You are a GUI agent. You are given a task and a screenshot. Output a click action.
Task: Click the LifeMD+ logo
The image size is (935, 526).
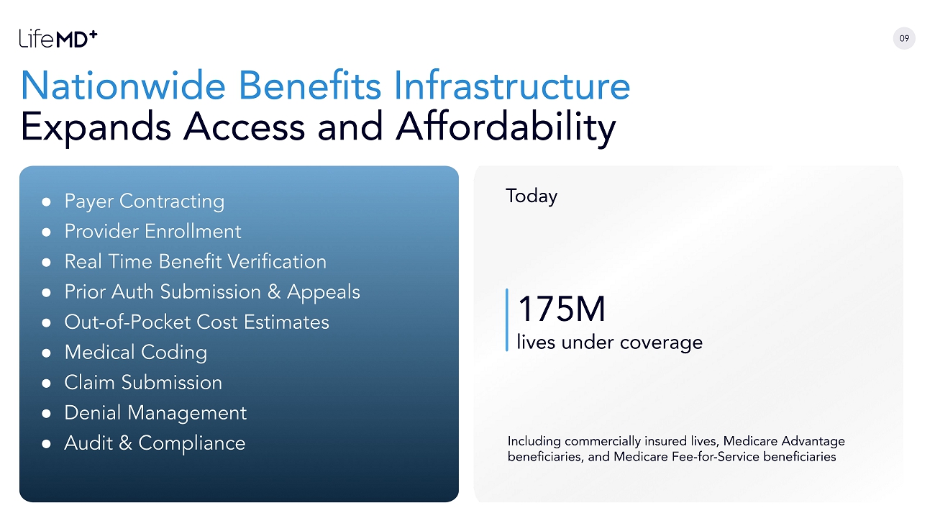coord(58,39)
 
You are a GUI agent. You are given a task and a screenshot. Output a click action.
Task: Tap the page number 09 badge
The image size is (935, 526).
coord(904,38)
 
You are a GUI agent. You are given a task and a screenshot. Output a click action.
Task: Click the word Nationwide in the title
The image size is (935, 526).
coord(123,86)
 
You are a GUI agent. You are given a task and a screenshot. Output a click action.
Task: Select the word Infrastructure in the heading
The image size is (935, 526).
coord(512,86)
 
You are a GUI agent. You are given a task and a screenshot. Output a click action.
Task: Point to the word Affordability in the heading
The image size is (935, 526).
coord(506,127)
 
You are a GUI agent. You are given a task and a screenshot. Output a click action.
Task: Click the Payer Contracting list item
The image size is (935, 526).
coord(145,201)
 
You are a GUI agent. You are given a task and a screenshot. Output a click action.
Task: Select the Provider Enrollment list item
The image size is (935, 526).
coord(152,231)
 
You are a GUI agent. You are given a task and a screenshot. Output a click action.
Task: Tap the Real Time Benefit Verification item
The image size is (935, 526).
coord(196,262)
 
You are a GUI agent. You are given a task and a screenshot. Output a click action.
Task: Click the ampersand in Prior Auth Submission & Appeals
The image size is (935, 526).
coord(274,292)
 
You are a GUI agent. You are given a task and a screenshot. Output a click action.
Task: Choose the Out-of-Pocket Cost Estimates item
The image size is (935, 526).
coord(196,322)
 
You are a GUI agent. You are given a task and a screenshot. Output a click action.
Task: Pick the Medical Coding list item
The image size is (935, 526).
coord(136,353)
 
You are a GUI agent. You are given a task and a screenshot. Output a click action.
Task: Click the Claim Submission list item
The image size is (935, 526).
coord(143,383)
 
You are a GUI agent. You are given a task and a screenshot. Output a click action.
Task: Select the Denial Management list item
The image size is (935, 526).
coord(155,413)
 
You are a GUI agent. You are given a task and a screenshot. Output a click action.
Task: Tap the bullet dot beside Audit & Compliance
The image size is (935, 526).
coord(46,443)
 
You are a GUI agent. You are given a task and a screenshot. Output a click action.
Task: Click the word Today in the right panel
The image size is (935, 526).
coord(532,196)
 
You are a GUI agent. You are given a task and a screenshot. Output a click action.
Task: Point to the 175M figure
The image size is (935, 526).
coord(562,309)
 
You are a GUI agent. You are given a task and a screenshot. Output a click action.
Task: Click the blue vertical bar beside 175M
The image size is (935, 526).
coord(507,319)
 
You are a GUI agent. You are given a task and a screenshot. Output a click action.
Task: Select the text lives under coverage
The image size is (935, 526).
coord(609,343)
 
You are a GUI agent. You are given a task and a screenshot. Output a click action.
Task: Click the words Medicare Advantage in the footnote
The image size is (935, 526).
coord(784,441)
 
